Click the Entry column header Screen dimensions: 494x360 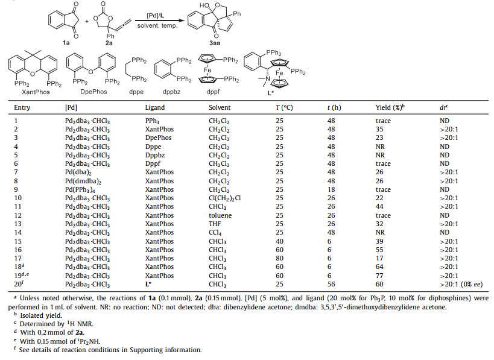(x=22, y=107)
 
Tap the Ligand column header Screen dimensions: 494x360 (x=156, y=107)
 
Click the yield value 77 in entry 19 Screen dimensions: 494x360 (x=379, y=276)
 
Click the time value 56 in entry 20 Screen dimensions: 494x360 (x=331, y=285)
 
